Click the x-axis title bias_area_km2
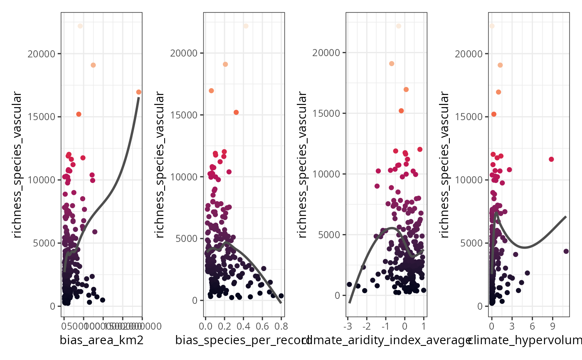click(x=102, y=341)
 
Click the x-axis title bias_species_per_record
click(x=243, y=341)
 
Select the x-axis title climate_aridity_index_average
click(x=387, y=341)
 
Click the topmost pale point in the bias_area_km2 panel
click(x=80, y=26)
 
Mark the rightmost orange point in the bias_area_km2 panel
click(x=138, y=92)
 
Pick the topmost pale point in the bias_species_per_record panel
click(x=246, y=26)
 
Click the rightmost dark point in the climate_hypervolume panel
click(x=566, y=251)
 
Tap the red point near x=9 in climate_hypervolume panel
click(x=551, y=159)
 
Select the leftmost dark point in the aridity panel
click(x=349, y=284)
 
